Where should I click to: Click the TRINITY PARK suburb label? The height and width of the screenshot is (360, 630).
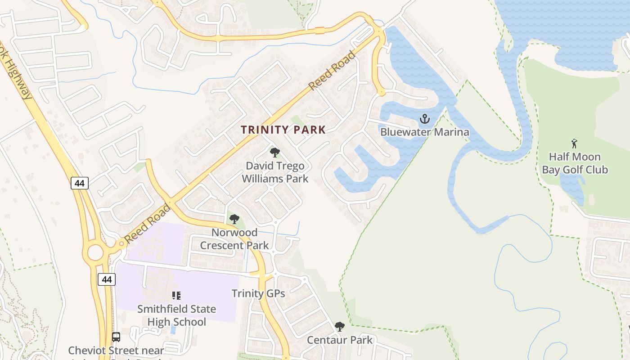[x=283, y=130]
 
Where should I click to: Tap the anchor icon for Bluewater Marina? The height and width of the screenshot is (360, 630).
[x=424, y=119]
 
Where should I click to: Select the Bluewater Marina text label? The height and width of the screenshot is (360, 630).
[x=424, y=132]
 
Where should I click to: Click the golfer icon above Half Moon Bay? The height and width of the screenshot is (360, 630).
[x=574, y=144]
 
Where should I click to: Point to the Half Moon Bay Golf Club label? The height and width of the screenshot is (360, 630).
[x=575, y=163]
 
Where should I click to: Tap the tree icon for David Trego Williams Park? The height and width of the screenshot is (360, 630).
[x=274, y=153]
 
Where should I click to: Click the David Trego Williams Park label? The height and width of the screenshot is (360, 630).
[x=275, y=172]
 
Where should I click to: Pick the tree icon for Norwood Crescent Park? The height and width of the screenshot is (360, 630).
[x=234, y=220]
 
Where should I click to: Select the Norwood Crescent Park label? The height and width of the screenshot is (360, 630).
[x=234, y=239]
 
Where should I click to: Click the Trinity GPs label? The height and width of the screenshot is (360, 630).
[x=258, y=294]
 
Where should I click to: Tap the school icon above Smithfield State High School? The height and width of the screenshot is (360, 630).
[x=176, y=296]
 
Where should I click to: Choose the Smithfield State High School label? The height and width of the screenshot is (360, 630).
[x=176, y=315]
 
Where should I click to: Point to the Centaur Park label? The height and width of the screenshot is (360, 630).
[x=340, y=340]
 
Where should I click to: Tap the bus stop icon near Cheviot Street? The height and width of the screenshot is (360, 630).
[x=116, y=337]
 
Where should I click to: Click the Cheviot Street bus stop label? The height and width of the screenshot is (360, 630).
[x=116, y=351]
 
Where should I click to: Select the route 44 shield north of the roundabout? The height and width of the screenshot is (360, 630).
[x=79, y=183]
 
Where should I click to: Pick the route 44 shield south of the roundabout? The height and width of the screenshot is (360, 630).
[x=107, y=279]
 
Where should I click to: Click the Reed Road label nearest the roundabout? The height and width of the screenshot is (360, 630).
[x=148, y=224]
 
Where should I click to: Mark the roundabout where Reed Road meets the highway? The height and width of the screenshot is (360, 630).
[x=95, y=252]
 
